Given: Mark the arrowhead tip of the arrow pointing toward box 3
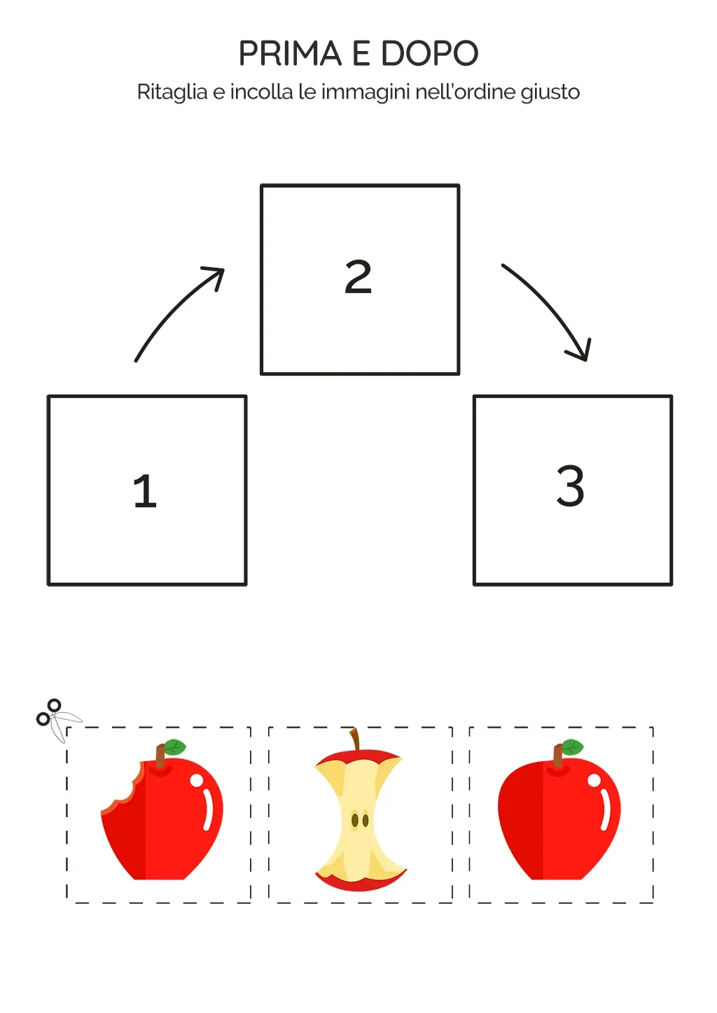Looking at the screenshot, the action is pos(587,360).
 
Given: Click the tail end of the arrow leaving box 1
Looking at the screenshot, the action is pos(136,361).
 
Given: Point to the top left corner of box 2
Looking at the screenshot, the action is pos(262,185).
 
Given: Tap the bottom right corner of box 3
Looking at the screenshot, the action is pos(671,584).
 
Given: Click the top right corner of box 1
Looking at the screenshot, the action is pos(246,397).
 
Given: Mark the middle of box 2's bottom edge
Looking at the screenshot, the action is pos(361,374).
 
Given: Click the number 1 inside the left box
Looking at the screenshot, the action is pos(145,491).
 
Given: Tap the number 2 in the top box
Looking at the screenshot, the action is pos(358,277).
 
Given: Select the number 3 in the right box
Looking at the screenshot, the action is pos(571,486).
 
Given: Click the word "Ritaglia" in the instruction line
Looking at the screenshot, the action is pos(172,92).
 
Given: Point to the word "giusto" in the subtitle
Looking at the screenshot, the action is pos(550,93).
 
